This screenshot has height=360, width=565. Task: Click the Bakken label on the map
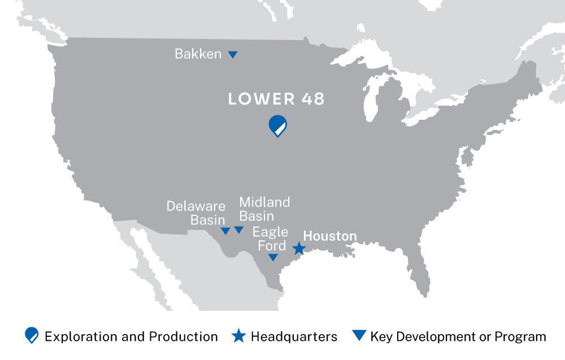pos(198,54)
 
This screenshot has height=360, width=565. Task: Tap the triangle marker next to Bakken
pos(232,55)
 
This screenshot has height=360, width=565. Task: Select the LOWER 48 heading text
pos(276,99)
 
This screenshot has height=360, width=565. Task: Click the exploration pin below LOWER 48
pos(277,125)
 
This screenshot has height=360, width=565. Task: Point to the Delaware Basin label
pos(195,213)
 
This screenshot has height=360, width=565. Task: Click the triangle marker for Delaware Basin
pos(225,231)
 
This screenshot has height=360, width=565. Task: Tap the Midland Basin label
pos(264,209)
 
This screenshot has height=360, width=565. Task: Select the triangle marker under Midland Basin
pos(239,229)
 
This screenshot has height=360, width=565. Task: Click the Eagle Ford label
pos(270,238)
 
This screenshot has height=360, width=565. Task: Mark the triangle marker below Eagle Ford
pos(273,257)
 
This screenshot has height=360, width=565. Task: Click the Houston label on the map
pos(330,236)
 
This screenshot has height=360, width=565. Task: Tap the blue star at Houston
pos(299,248)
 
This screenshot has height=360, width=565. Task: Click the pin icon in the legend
pos(32,336)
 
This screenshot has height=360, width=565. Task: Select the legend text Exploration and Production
pos(131,337)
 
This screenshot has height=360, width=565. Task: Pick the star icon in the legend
pos(239,336)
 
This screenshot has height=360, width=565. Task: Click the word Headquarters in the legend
pos(294,337)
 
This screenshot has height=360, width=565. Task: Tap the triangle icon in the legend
pos(359,335)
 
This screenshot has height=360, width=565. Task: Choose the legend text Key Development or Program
pos(458,337)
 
